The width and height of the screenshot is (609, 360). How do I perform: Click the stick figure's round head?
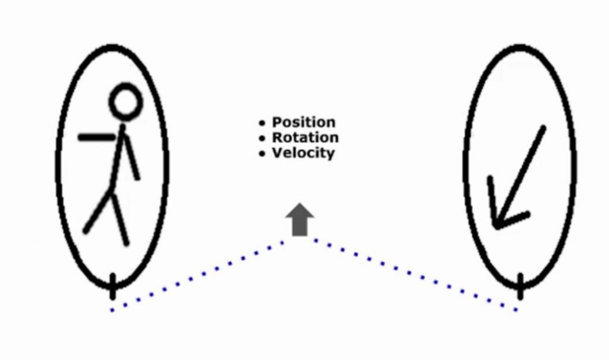tap(125, 101)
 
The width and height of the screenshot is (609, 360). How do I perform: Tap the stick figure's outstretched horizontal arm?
tap(97, 137)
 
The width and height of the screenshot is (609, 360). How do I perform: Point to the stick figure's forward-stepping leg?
tap(98, 211)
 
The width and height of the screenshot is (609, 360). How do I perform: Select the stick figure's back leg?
tap(121, 220)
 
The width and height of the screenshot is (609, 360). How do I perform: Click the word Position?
tap(303, 122)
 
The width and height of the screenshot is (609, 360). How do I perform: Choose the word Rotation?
tap(305, 137)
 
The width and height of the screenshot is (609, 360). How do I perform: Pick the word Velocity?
tap(303, 153)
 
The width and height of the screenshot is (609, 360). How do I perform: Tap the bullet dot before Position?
tap(262, 123)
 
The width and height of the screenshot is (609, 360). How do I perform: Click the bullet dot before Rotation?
tap(262, 139)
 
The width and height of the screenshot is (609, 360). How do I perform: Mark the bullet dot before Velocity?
tap(262, 154)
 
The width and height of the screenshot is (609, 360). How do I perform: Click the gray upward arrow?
tap(300, 220)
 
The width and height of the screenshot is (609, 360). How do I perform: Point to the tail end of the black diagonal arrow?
tap(542, 128)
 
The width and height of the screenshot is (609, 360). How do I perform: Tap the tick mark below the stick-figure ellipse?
tap(112, 286)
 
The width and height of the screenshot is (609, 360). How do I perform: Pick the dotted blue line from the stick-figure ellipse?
tap(202, 273)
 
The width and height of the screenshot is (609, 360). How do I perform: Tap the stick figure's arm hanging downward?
tap(132, 156)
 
